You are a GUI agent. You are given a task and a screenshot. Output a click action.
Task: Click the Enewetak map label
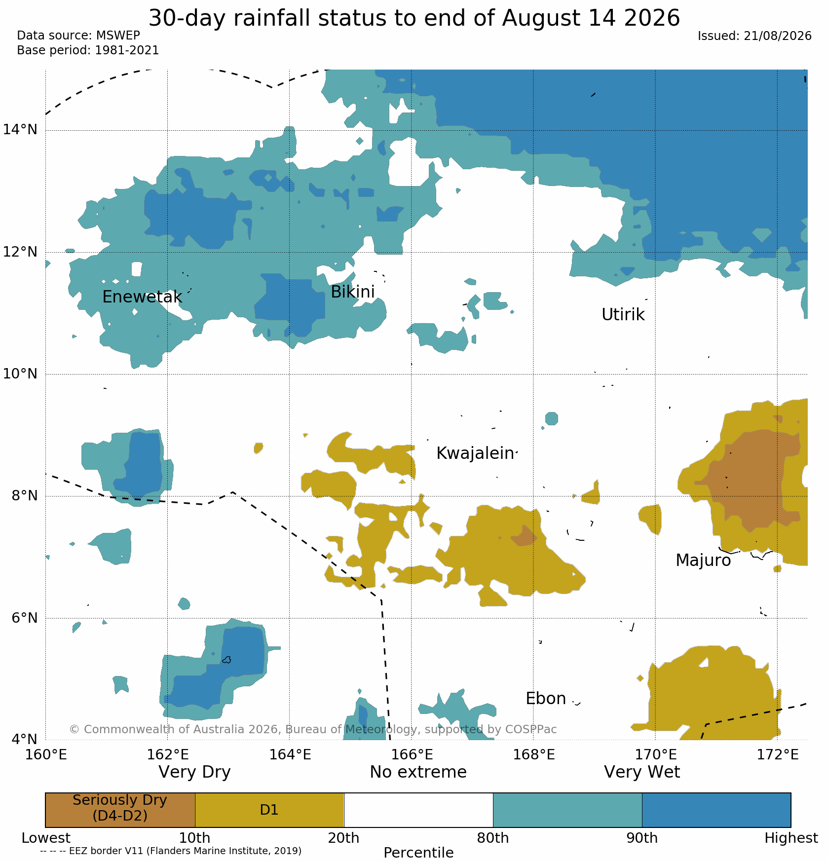pyautogui.click(x=142, y=297)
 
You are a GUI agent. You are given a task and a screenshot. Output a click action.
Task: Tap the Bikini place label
pyautogui.click(x=353, y=292)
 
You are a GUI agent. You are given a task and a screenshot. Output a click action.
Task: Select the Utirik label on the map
pyautogui.click(x=623, y=315)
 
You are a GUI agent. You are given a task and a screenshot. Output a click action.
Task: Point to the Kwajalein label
pyautogui.click(x=475, y=453)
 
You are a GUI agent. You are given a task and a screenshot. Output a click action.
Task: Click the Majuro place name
pyautogui.click(x=703, y=561)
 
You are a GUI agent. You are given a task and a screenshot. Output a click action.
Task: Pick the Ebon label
pyautogui.click(x=546, y=699)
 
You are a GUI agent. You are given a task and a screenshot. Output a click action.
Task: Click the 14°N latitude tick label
pyautogui.click(x=20, y=130)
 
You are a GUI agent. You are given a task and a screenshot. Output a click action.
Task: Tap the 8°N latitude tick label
pyautogui.click(x=25, y=495)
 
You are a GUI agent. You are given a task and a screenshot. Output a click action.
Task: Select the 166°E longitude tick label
pyautogui.click(x=412, y=755)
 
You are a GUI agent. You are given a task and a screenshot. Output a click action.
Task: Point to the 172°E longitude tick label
pyautogui.click(x=778, y=755)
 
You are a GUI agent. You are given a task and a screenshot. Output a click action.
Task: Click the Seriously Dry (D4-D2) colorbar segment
pyautogui.click(x=120, y=810)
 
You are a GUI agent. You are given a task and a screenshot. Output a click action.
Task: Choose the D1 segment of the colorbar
pyautogui.click(x=269, y=810)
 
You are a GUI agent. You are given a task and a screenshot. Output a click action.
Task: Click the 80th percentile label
pyautogui.click(x=493, y=838)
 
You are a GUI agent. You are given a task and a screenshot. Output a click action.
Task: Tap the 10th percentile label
pyautogui.click(x=194, y=838)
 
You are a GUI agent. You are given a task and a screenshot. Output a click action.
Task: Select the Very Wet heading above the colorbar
pyautogui.click(x=642, y=772)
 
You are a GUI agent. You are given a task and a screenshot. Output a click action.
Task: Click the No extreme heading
pyautogui.click(x=418, y=772)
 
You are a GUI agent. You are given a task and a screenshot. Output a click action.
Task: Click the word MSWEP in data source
pyautogui.click(x=118, y=36)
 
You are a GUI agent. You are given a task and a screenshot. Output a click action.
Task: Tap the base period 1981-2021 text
pyautogui.click(x=127, y=50)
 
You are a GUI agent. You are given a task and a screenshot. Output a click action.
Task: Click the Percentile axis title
pyautogui.click(x=418, y=853)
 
